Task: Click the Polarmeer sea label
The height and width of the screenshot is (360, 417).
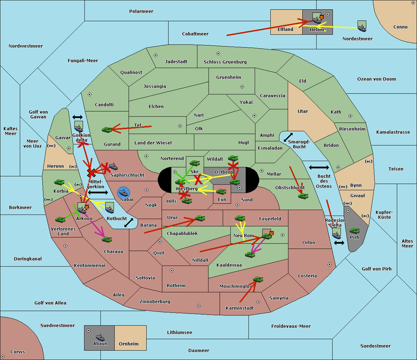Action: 141,11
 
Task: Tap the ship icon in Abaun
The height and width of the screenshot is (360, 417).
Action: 100,337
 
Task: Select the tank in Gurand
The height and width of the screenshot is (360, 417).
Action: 107,129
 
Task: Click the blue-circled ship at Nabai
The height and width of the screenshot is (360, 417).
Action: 124,192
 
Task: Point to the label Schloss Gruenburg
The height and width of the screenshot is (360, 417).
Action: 225,62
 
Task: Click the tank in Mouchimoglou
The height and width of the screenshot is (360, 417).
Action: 258,279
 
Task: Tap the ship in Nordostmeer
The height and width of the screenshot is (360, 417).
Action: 362,26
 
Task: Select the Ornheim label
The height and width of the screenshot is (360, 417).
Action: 129,344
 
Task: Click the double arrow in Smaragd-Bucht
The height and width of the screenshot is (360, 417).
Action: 288,137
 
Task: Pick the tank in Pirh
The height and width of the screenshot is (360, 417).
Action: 354,231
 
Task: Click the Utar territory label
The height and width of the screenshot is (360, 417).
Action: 303,111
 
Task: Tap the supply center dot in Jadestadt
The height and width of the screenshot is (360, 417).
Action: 156,55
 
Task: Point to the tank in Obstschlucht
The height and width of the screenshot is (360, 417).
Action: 303,196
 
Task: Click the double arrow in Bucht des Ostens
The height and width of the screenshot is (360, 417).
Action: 319,168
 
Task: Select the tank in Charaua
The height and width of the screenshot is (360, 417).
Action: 107,240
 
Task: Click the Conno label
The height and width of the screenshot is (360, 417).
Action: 400,27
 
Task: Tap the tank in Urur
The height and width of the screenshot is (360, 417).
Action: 200,218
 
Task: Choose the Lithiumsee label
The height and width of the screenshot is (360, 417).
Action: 180,333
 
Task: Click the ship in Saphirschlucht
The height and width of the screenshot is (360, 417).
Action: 113,166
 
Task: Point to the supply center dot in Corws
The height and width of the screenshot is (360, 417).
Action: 3,357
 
